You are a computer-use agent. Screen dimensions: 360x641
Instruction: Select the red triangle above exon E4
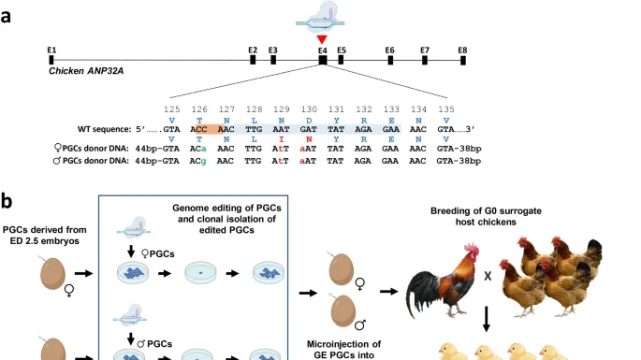[322, 39]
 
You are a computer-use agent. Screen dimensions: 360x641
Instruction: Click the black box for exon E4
[322, 59]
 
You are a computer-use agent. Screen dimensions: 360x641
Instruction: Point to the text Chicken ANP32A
[85, 71]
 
